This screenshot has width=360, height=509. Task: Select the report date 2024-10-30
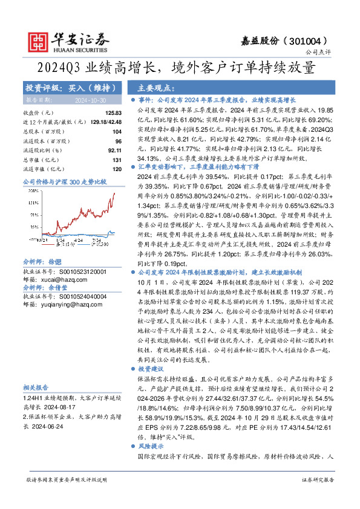[90, 100]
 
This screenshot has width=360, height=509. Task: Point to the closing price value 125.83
[114, 113]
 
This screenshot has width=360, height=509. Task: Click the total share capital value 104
[117, 131]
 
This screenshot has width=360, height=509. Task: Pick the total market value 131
[117, 159]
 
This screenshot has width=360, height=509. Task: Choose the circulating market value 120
[117, 168]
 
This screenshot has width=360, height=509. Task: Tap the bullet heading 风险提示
[151, 444]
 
